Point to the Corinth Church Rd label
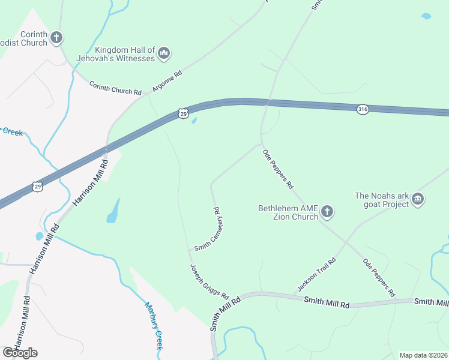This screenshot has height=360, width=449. tap(115, 89)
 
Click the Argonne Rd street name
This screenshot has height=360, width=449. tap(166, 82)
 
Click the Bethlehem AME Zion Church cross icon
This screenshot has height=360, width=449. tap(327, 211)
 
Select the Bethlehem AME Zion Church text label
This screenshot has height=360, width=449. tap(288, 212)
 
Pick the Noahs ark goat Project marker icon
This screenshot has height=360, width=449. tap(418, 199)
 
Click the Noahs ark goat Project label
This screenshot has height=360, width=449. tap(382, 199)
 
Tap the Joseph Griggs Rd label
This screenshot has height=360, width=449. tap(209, 281)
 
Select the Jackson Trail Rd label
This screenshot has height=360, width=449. tap(316, 274)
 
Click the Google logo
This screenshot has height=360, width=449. tap(20, 353)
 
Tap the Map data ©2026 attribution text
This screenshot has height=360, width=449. tap(423, 355)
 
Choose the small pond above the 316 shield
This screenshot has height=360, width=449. tap(426, 16)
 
